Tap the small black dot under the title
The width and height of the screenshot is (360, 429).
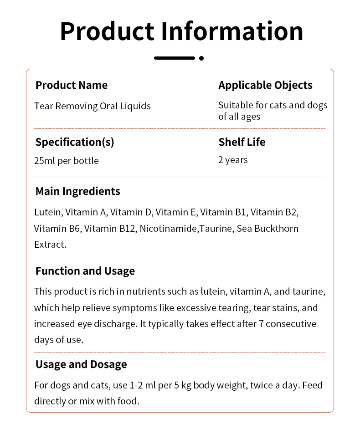[x=201, y=58]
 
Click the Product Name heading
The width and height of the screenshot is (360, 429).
[x=72, y=85]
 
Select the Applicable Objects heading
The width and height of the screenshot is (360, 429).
[x=265, y=85]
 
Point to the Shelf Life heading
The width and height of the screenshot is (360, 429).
[x=242, y=142]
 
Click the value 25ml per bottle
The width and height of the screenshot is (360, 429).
[x=67, y=160]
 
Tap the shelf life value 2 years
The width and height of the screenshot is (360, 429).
[x=233, y=160]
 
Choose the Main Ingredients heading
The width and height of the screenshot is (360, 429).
[x=78, y=191]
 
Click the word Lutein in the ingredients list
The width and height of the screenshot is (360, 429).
[x=47, y=212]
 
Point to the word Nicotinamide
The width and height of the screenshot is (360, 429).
[x=169, y=228]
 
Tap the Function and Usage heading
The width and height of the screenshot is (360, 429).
[x=85, y=271]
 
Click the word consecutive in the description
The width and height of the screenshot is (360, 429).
[x=291, y=324]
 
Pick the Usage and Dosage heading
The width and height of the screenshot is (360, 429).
[x=81, y=364]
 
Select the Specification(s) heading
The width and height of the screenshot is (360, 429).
[x=75, y=142]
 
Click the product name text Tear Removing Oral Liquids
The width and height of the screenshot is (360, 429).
[x=93, y=106]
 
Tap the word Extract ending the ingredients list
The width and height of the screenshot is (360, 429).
[x=49, y=245]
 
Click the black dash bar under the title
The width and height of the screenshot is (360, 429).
[x=175, y=58]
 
